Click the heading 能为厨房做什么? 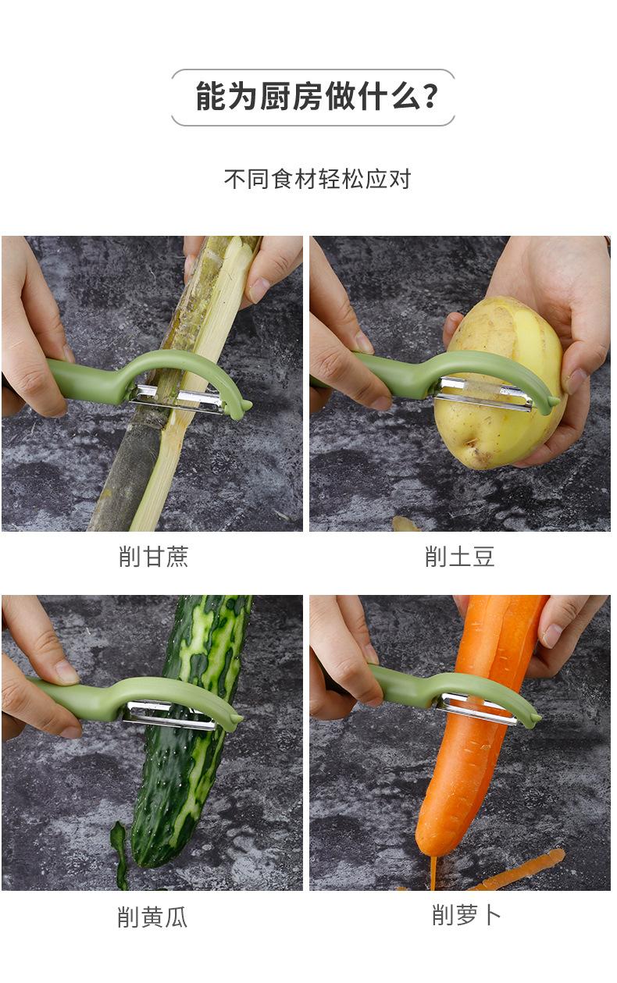tap(312, 98)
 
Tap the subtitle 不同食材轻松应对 tap(317, 179)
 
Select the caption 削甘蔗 tap(153, 557)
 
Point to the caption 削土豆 tap(460, 557)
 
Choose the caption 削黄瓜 tap(152, 917)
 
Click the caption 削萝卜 tap(466, 915)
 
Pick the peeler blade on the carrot tap(476, 707)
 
